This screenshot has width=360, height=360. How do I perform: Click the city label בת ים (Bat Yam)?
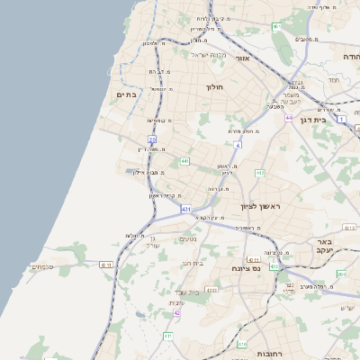click(x=127, y=94)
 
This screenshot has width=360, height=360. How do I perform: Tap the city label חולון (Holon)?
click(x=213, y=87)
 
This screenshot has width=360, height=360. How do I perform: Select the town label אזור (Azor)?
click(x=242, y=58)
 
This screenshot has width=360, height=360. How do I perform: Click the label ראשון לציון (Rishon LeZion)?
click(x=261, y=207)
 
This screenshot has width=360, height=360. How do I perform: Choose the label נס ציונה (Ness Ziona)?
click(x=246, y=268)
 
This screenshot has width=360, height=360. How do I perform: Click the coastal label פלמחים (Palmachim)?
click(x=42, y=266)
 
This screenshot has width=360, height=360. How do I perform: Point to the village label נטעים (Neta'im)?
click(x=188, y=239)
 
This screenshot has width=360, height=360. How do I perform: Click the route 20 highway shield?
click(x=152, y=139)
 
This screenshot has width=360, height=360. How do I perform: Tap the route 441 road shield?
click(x=184, y=161)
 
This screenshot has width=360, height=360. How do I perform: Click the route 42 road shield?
click(x=176, y=312)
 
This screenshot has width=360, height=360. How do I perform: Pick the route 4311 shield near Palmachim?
click(x=106, y=265)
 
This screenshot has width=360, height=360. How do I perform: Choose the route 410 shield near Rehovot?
click(x=242, y=343)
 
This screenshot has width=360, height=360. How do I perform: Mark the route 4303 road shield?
click(x=211, y=290)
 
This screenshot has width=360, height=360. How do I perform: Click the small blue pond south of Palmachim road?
click(x=139, y=315)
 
